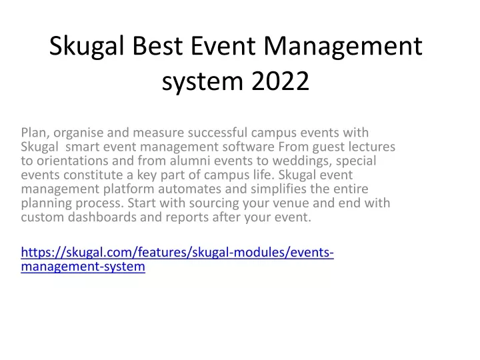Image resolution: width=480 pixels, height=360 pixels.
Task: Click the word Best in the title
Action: (x=157, y=46)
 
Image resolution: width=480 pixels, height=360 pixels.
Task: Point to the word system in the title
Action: (x=203, y=82)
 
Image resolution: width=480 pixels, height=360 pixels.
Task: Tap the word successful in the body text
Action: (x=217, y=133)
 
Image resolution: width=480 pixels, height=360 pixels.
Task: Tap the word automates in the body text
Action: (x=189, y=189)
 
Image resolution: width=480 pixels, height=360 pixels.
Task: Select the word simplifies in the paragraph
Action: (x=279, y=189)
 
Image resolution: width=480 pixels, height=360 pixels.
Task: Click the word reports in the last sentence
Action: (x=187, y=218)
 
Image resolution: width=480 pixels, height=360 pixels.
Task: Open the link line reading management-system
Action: (x=83, y=267)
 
